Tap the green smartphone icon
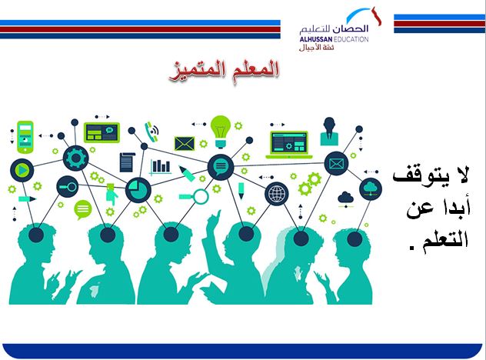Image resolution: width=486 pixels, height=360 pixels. pos(25,132)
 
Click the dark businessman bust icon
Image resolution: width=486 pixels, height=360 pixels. pos(331,131)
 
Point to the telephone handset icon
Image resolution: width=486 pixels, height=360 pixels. pos(151,132)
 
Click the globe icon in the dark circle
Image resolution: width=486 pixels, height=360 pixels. pos(275,194)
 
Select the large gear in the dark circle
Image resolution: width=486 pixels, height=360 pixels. pos(75,158)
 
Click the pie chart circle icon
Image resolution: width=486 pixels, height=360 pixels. pos(138,188)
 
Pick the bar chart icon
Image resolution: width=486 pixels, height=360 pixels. pos(161,165)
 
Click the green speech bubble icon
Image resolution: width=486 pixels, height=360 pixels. pos(82,208)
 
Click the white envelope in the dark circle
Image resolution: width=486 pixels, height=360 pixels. pos(336,163)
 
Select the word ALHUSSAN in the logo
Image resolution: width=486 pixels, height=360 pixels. pos(318,38)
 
